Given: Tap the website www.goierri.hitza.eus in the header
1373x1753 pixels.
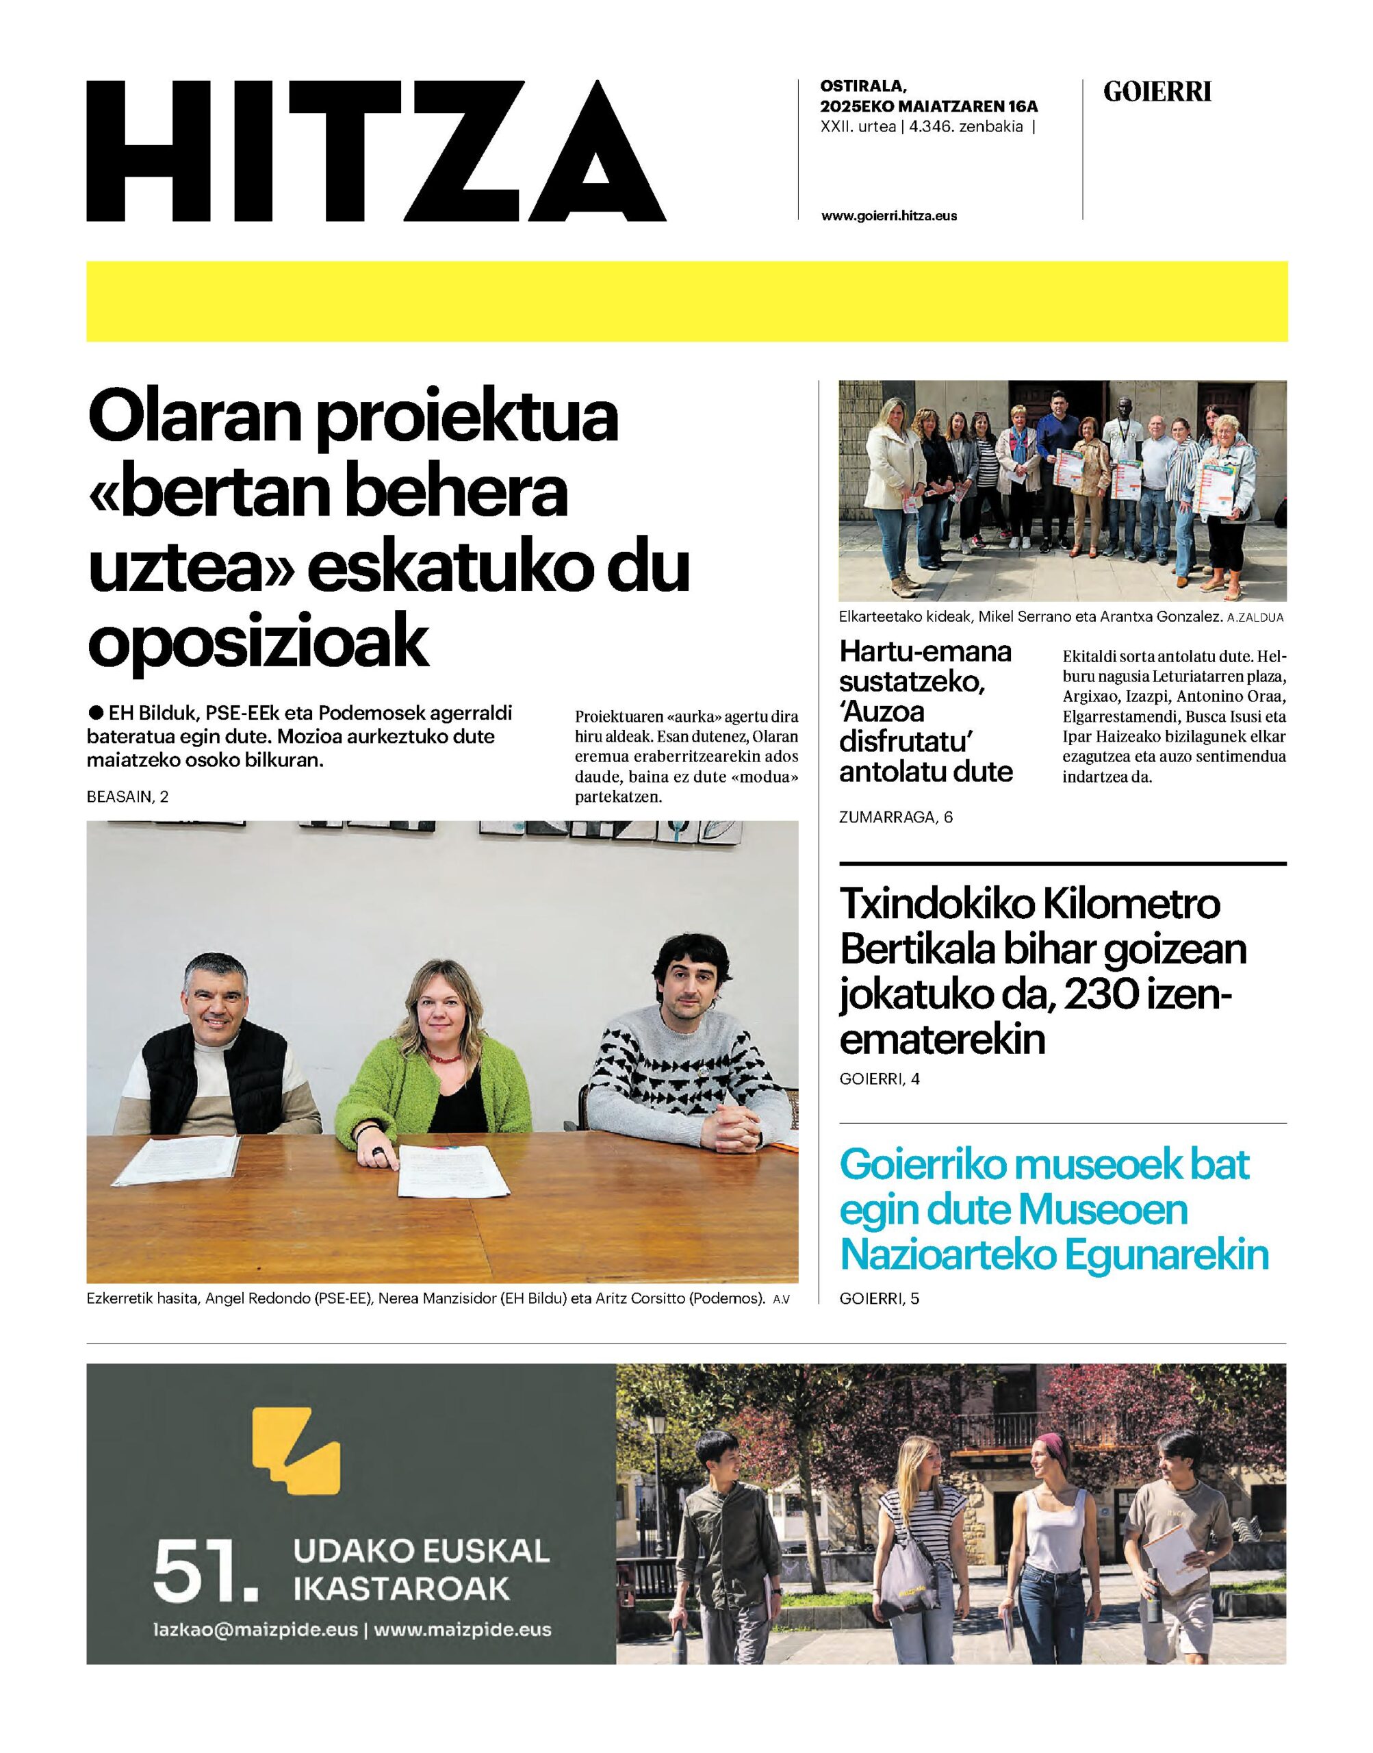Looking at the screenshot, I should click(x=888, y=216).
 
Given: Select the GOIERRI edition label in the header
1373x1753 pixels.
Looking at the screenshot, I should click(x=1157, y=92).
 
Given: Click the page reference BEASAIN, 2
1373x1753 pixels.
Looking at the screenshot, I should click(x=128, y=797).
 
